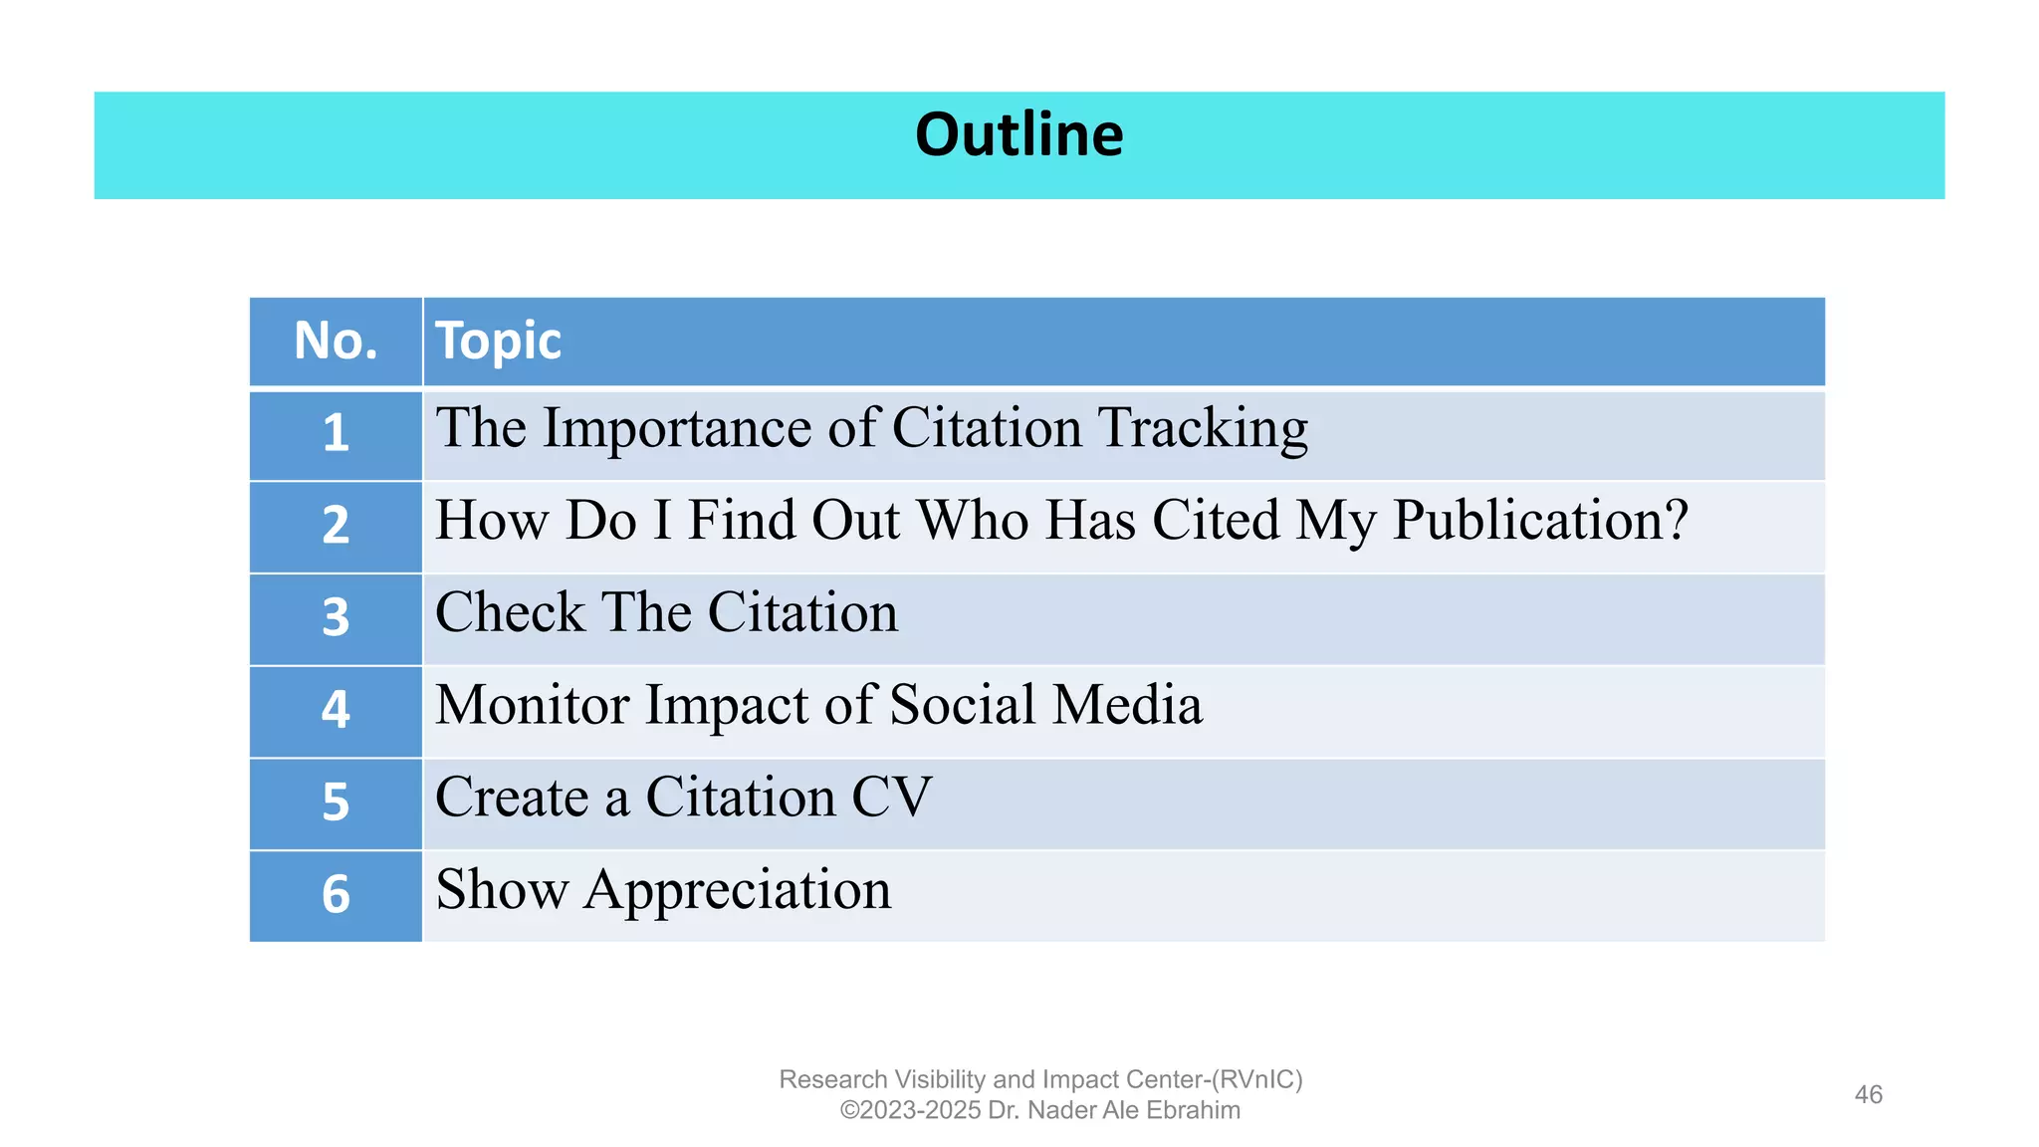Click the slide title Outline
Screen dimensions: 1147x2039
pos(1019,135)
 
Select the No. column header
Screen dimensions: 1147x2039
pos(336,342)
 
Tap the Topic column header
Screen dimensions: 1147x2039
pos(498,342)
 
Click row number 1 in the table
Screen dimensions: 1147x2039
pos(336,433)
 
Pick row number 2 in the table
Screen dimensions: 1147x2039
pos(336,525)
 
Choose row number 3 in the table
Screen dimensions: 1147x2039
pos(336,617)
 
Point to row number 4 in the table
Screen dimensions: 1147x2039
pos(336,710)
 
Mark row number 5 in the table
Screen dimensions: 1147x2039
pos(336,803)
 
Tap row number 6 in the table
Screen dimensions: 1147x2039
pos(336,894)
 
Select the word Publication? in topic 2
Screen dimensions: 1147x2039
pos(1540,521)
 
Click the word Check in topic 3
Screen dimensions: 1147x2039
pos(510,612)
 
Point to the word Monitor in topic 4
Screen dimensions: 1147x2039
pos(533,705)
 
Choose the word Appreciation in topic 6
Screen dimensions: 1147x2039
pos(738,890)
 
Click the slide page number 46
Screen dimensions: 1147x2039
pos(1868,1095)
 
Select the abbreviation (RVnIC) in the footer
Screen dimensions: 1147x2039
pos(1256,1079)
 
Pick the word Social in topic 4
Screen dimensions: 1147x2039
pos(963,705)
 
